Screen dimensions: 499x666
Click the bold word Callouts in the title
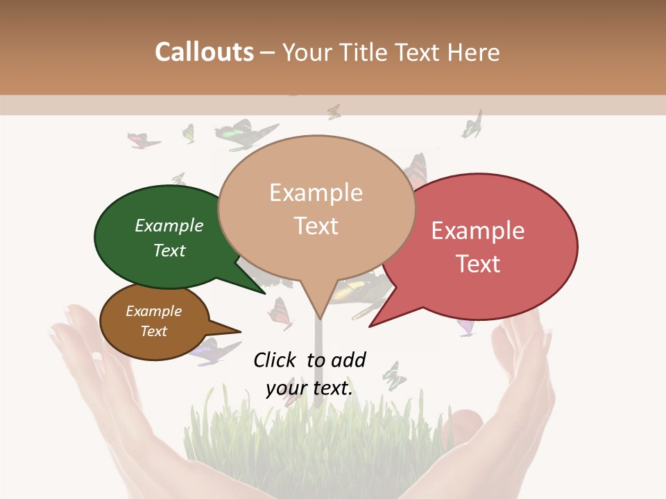[x=204, y=52]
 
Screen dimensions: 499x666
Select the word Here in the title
[x=474, y=52]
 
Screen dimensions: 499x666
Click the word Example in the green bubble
[x=169, y=225]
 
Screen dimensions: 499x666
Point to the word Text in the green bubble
[x=169, y=250]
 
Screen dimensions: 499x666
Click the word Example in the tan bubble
[x=316, y=193]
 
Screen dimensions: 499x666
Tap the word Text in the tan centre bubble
[x=316, y=226]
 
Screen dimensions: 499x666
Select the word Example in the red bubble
[x=478, y=231]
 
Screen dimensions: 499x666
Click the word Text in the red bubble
[x=478, y=263]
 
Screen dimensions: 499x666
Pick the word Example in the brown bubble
[x=154, y=311]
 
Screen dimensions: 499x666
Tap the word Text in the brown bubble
[x=154, y=331]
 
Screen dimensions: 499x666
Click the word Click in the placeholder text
[x=277, y=360]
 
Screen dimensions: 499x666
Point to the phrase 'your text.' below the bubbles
[x=309, y=388]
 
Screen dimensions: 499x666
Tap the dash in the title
[x=268, y=53]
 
